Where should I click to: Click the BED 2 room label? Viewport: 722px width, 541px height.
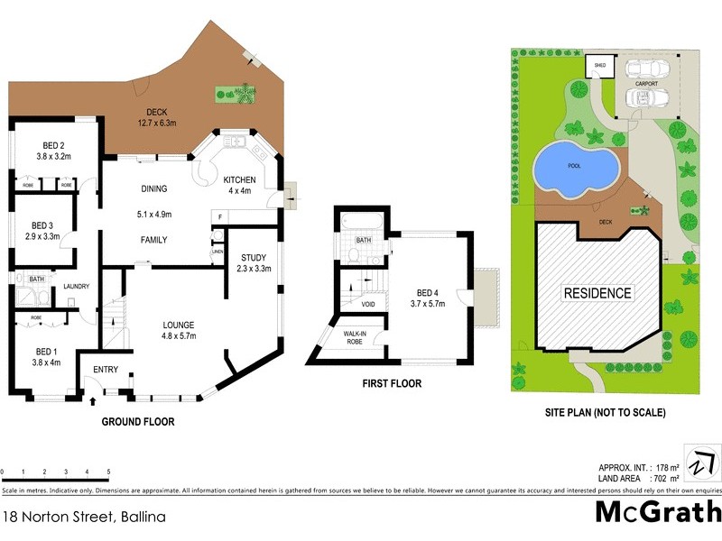coord(54,145)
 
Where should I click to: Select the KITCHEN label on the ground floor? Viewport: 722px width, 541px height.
coord(240,180)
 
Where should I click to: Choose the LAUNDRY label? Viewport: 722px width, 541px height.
coord(76,287)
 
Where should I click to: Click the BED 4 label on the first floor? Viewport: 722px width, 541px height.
coord(429,293)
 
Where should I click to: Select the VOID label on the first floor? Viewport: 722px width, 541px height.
coord(368,305)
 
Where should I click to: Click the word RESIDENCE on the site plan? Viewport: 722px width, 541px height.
coord(597,293)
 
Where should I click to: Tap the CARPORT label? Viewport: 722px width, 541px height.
coord(645,83)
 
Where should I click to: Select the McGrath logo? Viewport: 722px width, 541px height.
coord(657,511)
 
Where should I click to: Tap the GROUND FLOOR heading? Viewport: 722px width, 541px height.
coord(137,421)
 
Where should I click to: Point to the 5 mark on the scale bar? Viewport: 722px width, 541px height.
coord(108,472)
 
